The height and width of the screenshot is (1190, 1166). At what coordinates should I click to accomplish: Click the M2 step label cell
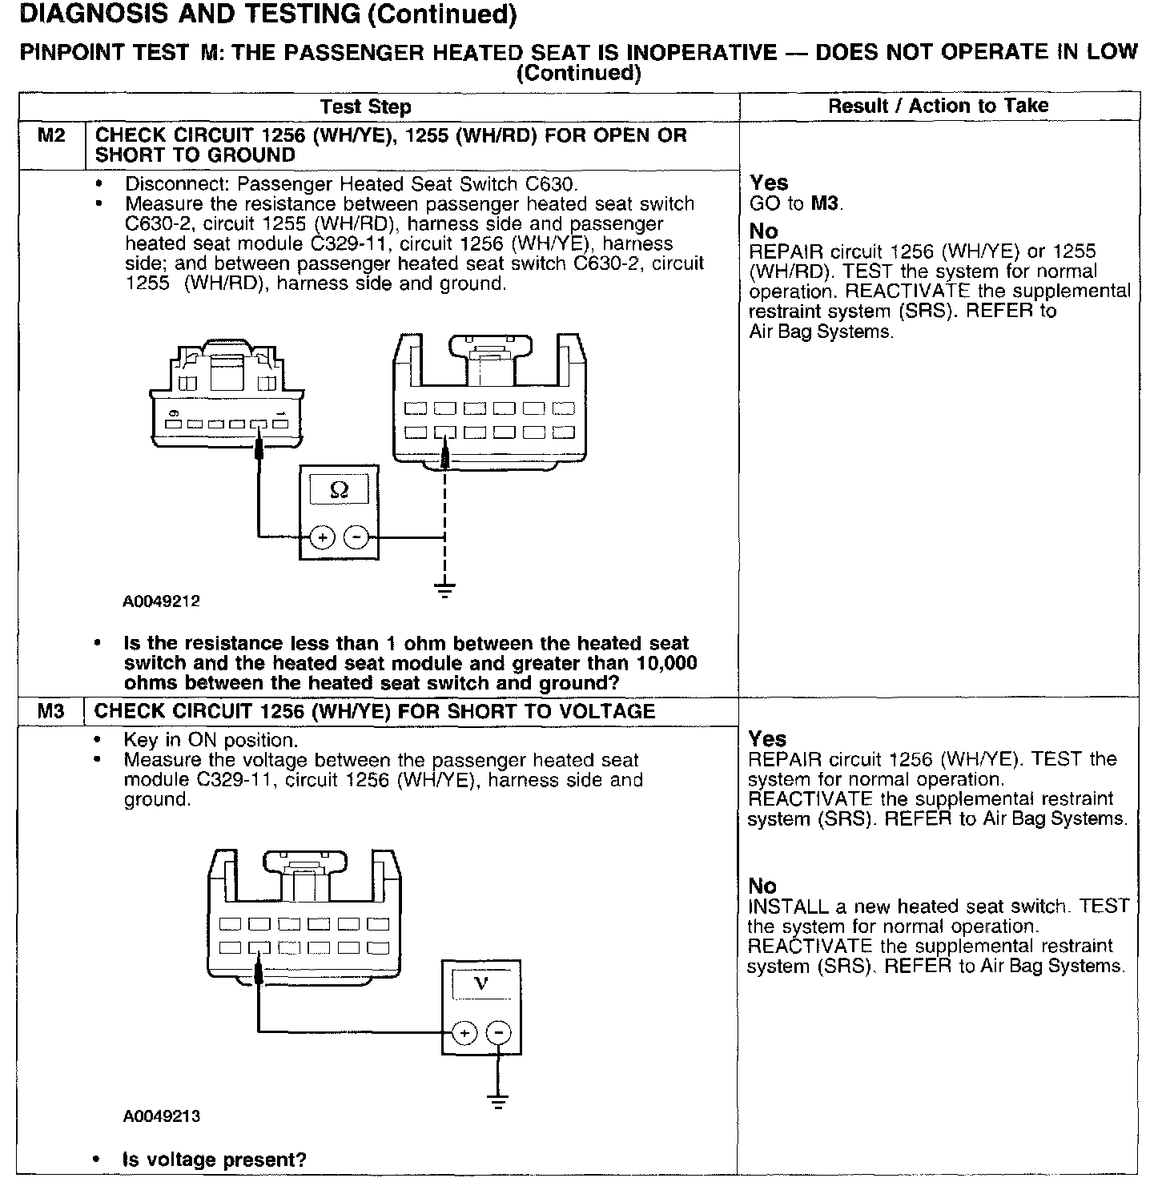(51, 136)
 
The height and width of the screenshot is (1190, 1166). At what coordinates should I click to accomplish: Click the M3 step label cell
(50, 711)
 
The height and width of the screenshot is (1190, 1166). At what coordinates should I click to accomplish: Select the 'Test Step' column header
(365, 107)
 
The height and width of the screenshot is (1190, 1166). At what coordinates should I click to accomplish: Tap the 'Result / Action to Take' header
(938, 106)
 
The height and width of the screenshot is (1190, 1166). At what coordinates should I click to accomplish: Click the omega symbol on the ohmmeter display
(339, 489)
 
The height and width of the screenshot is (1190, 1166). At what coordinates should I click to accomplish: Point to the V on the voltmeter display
(480, 983)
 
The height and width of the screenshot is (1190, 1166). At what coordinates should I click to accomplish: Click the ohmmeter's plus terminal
(322, 537)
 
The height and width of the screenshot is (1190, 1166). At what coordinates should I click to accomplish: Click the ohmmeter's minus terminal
(357, 537)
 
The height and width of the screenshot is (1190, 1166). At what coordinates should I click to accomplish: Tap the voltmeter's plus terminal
(464, 1033)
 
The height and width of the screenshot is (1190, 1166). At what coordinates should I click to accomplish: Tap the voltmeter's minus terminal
(499, 1033)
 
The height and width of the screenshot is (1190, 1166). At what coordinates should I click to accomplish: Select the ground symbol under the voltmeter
(499, 1101)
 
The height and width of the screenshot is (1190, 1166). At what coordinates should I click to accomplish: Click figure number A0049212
(162, 601)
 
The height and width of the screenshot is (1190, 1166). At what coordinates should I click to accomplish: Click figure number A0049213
(162, 1116)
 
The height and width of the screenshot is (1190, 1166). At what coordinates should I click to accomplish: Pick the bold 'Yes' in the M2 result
(769, 183)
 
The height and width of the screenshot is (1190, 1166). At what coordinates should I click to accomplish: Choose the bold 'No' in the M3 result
(762, 886)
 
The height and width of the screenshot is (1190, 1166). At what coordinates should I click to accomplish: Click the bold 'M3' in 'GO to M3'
(826, 203)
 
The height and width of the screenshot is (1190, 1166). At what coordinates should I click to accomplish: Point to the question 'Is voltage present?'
(215, 1160)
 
